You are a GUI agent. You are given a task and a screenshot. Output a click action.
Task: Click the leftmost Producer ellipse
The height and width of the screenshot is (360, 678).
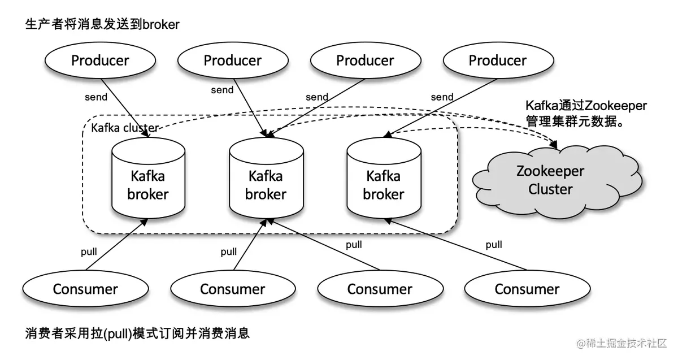tap(100, 60)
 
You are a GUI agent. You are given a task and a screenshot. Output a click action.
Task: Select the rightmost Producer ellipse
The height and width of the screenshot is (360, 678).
tap(498, 60)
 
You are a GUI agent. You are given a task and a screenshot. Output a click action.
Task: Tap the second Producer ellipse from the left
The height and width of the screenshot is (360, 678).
tap(233, 60)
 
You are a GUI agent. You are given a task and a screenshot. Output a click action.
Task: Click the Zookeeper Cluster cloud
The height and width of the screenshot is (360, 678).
tap(550, 180)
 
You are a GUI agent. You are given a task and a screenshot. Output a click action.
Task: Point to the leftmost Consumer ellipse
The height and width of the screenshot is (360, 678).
tap(85, 289)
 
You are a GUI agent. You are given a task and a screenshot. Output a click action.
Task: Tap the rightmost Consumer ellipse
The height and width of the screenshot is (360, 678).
tap(527, 289)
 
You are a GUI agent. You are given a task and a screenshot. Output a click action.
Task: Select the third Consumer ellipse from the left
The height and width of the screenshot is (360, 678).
tap(380, 289)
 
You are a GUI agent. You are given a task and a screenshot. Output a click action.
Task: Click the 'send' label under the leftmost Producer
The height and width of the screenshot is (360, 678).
tap(96, 97)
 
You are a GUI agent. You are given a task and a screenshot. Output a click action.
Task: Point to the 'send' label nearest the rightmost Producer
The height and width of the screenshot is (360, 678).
tap(442, 97)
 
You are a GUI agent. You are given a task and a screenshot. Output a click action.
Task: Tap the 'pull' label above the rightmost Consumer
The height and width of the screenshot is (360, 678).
tap(494, 245)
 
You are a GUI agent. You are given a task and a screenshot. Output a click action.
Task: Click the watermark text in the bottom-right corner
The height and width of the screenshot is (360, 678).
tap(621, 343)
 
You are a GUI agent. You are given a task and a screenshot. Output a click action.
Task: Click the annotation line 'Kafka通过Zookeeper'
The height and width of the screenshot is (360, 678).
tap(586, 106)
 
